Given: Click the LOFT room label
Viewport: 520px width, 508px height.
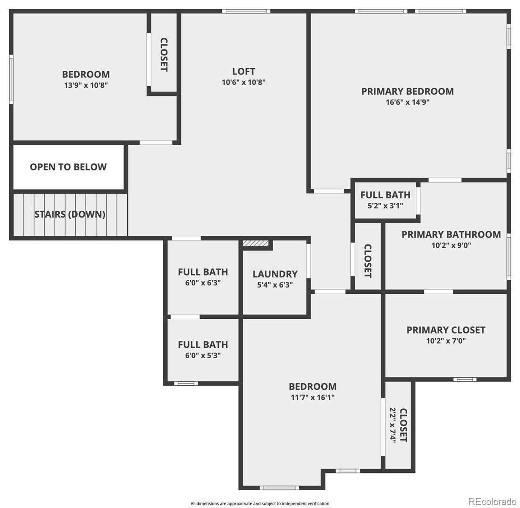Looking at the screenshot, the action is click(x=244, y=72).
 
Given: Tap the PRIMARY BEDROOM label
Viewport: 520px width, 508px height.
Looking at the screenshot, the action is click(x=407, y=91).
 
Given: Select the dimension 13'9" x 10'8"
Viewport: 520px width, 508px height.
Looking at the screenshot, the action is click(x=86, y=86).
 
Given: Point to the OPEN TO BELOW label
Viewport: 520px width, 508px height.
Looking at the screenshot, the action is click(x=68, y=167).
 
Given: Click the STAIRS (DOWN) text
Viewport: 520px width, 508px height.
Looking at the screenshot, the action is click(x=70, y=214).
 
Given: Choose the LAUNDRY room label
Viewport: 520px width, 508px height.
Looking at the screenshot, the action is click(x=275, y=274).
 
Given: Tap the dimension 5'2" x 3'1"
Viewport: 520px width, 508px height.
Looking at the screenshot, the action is click(x=385, y=206).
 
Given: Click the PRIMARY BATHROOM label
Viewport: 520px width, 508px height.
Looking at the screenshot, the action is click(x=451, y=235).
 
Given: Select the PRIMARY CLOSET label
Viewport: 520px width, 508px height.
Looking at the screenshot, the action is click(x=446, y=330).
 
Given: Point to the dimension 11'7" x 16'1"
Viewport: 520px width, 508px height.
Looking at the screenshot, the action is click(x=313, y=397).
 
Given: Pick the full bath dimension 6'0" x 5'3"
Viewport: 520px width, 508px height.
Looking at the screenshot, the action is click(x=203, y=356).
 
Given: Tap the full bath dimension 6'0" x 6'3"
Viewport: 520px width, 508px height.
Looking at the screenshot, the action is click(x=203, y=283).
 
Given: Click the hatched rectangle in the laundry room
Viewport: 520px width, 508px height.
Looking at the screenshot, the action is click(x=255, y=243).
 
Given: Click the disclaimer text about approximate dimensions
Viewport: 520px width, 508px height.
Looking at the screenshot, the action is click(x=260, y=503).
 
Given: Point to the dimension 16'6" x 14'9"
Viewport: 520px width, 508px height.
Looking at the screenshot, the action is click(x=407, y=102).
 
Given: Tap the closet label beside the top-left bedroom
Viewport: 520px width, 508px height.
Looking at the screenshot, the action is click(x=164, y=55).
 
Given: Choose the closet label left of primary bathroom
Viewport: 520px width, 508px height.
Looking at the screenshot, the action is click(x=368, y=261).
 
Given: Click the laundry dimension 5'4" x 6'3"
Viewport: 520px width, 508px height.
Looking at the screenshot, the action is click(x=275, y=285).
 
